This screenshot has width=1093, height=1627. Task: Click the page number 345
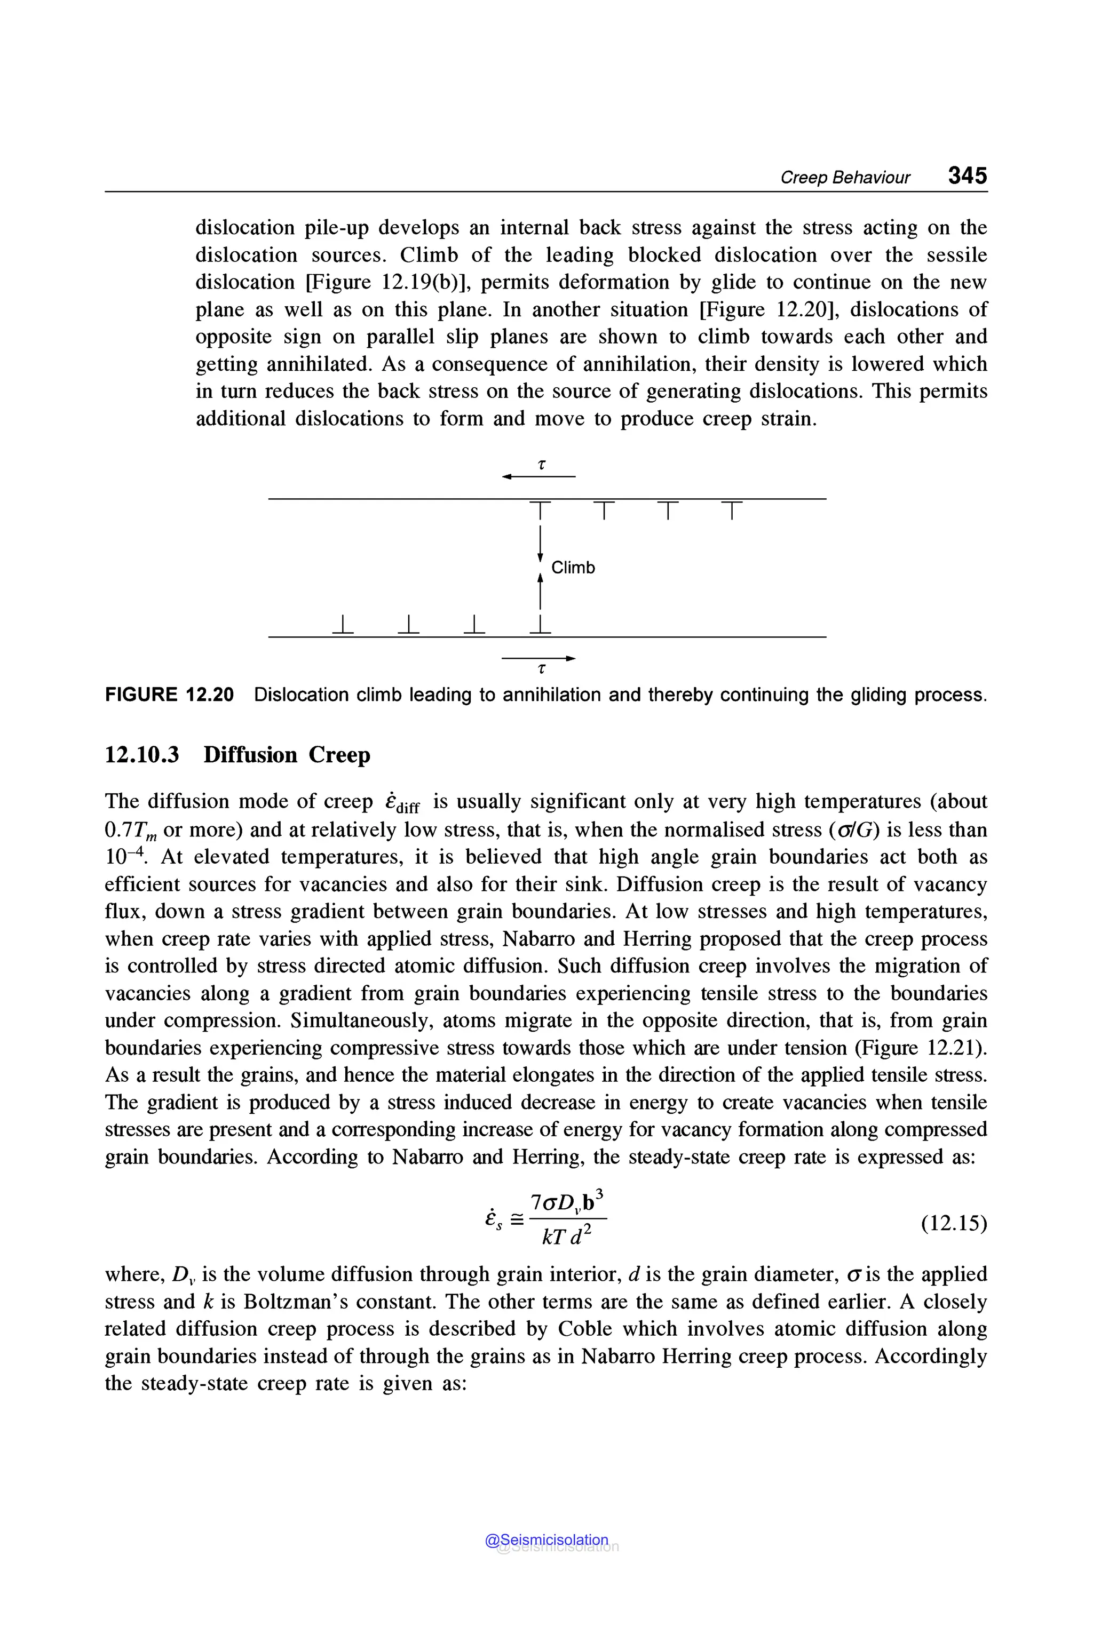pyautogui.click(x=967, y=175)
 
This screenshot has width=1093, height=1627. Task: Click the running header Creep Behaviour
pyautogui.click(x=844, y=177)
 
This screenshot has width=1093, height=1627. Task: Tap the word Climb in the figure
pyautogui.click(x=573, y=568)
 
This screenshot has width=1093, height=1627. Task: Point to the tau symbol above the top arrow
pyautogui.click(x=542, y=464)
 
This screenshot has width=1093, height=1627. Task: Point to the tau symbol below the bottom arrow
pyautogui.click(x=542, y=669)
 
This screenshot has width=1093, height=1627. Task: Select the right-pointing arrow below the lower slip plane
pyautogui.click(x=538, y=658)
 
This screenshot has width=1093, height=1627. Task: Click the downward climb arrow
pyautogui.click(x=540, y=543)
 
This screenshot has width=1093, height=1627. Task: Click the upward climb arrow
pyautogui.click(x=540, y=592)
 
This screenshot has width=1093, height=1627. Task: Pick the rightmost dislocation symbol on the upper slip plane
pyautogui.click(x=731, y=509)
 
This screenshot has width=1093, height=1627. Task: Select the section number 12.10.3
pyautogui.click(x=141, y=755)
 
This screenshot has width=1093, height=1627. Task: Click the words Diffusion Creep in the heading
pyautogui.click(x=287, y=755)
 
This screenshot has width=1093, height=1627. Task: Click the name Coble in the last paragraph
pyautogui.click(x=585, y=1329)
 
